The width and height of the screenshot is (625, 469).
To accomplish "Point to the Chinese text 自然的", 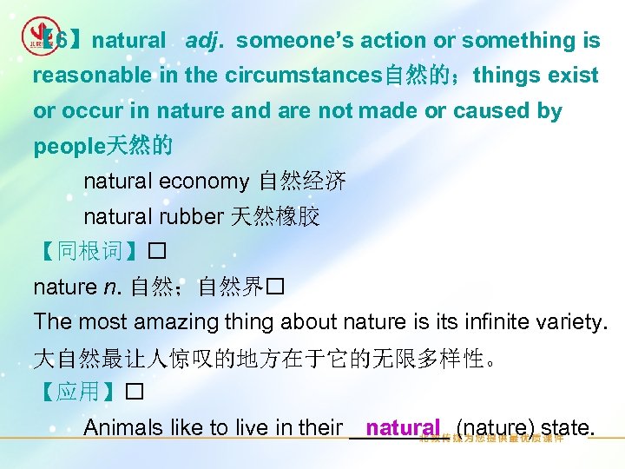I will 411,76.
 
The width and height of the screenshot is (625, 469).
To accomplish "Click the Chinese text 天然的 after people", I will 138,147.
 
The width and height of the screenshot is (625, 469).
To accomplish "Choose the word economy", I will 208,182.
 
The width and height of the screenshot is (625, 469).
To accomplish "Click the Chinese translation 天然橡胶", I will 274,217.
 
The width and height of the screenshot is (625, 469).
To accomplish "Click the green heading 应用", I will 78,392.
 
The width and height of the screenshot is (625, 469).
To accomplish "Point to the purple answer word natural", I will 403,428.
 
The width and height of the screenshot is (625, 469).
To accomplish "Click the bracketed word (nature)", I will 495,428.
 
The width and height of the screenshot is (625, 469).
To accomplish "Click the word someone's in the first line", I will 288,41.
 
